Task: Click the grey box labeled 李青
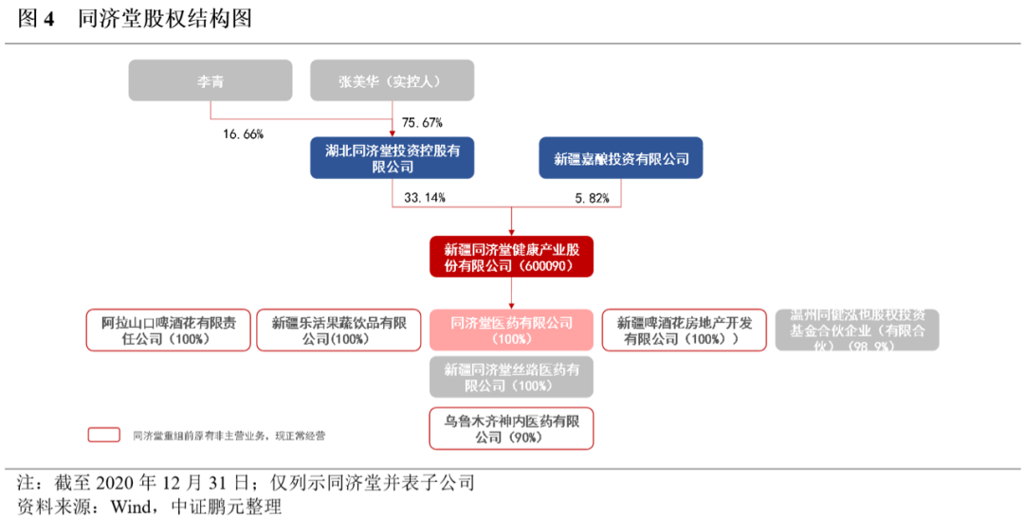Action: click(x=210, y=80)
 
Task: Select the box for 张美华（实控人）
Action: click(x=391, y=80)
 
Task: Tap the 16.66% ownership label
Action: click(x=244, y=134)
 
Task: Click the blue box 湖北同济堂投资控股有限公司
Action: click(x=392, y=158)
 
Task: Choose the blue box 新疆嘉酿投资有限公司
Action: click(x=621, y=158)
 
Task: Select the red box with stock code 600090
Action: click(x=511, y=257)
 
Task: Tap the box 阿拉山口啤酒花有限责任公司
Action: click(x=169, y=330)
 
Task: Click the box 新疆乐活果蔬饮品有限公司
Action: click(x=338, y=330)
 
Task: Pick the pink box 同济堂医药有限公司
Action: click(x=512, y=330)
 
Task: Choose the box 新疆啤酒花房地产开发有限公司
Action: click(x=683, y=330)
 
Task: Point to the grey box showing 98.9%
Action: click(x=856, y=330)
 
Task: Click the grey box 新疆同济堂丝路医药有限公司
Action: click(x=512, y=377)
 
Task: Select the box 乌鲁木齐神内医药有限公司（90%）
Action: click(x=512, y=428)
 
